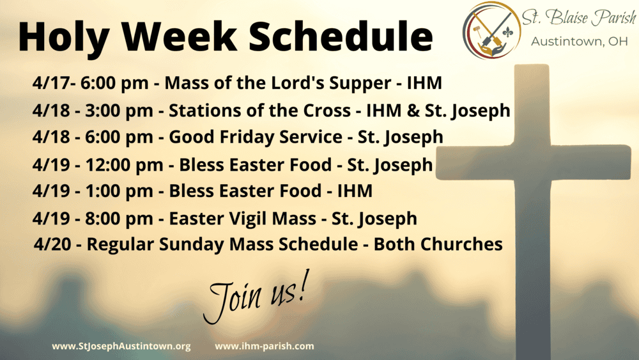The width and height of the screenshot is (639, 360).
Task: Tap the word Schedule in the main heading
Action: pos(341,36)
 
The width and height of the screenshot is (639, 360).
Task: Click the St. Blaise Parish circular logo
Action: pos(491,30)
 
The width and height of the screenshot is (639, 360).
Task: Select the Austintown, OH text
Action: pos(579,42)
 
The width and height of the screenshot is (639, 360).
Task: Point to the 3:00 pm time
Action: pos(119,111)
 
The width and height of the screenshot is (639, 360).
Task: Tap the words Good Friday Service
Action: pos(256,137)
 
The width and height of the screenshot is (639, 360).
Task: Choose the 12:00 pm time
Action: pos(124,165)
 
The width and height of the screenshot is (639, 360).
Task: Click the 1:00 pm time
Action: pos(119,191)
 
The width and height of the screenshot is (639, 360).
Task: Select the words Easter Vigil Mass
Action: pos(242,219)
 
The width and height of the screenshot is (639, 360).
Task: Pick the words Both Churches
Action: pos(438,244)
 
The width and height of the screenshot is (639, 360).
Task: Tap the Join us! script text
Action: pos(256,295)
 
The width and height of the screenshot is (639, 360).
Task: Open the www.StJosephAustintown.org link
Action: pos(121,346)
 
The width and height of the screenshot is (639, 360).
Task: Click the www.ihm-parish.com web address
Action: pos(265,346)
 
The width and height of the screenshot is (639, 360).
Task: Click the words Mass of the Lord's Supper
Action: pos(278,83)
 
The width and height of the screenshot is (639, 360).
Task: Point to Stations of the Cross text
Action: pos(259,111)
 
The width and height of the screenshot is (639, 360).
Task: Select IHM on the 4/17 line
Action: pos(425,83)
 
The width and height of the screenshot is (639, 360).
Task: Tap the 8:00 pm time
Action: pos(119,219)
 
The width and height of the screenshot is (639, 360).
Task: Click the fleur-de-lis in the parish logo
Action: pos(507,32)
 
